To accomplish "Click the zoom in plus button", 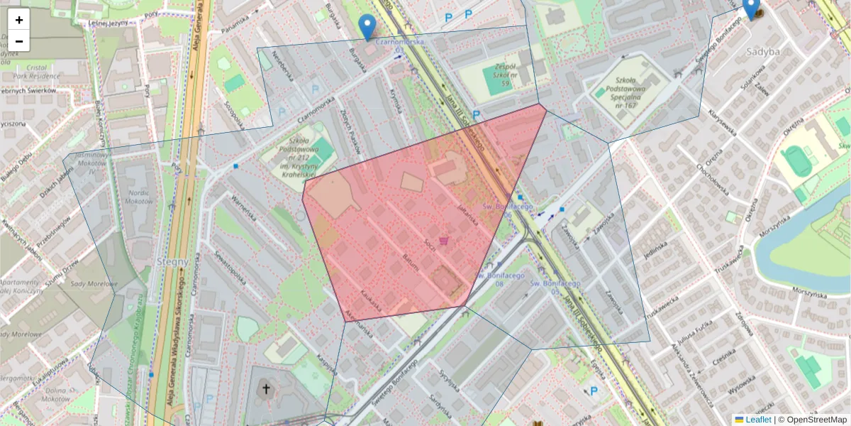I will click(x=19, y=20).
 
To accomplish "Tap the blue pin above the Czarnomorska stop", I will click(x=367, y=26).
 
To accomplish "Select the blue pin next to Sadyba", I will click(x=751, y=9).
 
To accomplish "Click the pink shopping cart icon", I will click(x=445, y=241).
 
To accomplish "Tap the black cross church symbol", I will click(x=267, y=388).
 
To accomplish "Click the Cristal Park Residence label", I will click(x=32, y=69).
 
